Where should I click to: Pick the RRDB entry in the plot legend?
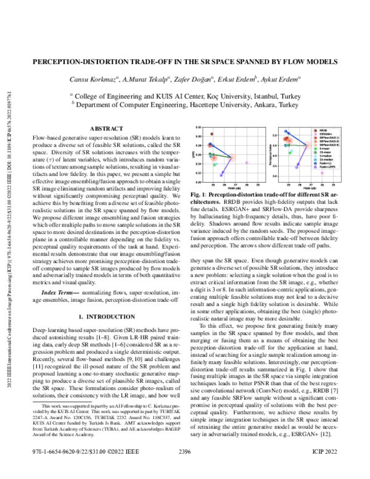pos(324,130)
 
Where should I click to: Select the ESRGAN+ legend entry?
pos(326,134)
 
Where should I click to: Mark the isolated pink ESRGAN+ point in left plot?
pos(247,163)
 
